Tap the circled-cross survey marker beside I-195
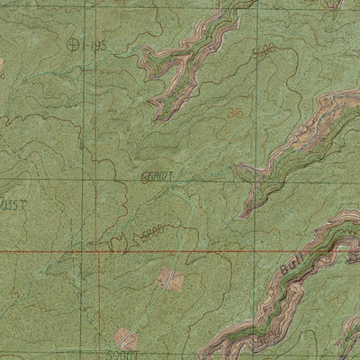[x=72, y=43]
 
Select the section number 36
[x=237, y=113]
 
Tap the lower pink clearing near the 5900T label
[x=127, y=340]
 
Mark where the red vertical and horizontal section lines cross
[x=95, y=251]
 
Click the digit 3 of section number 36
[x=232, y=113]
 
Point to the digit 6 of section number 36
[x=240, y=113]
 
